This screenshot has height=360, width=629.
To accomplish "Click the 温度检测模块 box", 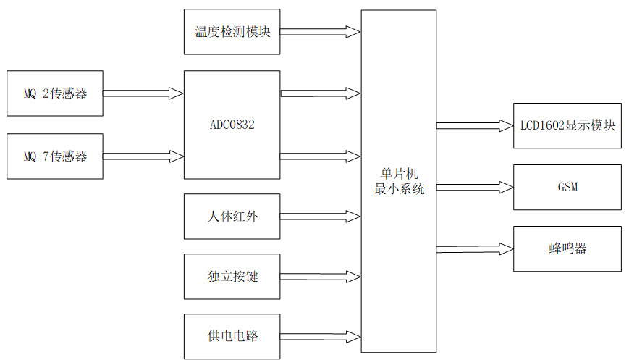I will [232, 32].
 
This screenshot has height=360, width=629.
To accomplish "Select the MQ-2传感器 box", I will [55, 93].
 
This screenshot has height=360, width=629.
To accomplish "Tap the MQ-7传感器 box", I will [55, 156].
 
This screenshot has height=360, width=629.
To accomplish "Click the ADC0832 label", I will [232, 125].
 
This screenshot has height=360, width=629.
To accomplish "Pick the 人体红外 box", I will [232, 216].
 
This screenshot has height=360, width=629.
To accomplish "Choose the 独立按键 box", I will [232, 277].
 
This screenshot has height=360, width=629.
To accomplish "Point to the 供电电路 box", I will [232, 336].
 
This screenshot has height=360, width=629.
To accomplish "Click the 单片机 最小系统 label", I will [399, 182].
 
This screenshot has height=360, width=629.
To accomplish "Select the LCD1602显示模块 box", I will [567, 125].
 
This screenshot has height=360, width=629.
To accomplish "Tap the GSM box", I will [567, 187].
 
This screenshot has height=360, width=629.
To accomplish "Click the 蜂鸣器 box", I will [567, 248].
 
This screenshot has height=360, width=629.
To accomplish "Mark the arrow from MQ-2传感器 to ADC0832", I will [143, 93].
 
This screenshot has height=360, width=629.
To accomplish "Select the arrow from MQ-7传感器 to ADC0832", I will [143, 156].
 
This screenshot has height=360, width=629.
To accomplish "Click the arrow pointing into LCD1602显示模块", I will [475, 125].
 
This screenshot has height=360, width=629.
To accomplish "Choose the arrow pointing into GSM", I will [475, 187].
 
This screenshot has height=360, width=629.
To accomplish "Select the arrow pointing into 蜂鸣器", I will [475, 248].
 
